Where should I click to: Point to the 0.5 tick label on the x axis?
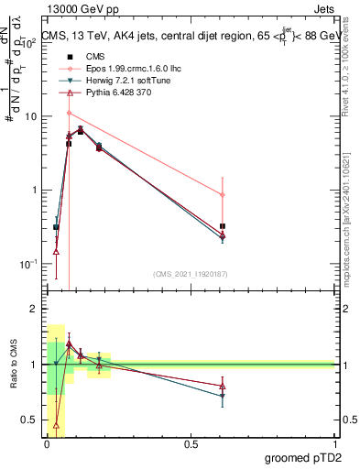[191, 444]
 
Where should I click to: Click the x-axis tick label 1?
[335, 444]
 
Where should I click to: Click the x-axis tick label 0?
[47, 444]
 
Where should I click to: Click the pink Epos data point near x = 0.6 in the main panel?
[223, 194]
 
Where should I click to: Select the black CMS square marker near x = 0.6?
[223, 225]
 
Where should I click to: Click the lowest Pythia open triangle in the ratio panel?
[57, 424]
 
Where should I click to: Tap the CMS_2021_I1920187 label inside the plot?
[191, 273]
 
